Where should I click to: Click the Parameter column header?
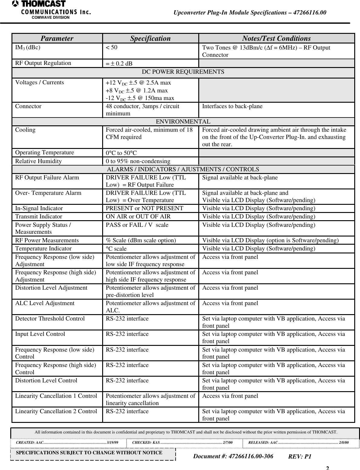(x=57, y=38)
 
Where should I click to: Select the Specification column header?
(x=150, y=38)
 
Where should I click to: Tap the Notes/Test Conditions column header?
(x=276, y=38)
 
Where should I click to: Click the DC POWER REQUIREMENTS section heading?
(x=183, y=72)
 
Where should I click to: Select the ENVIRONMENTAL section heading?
(x=183, y=122)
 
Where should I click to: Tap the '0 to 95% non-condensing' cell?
(x=138, y=161)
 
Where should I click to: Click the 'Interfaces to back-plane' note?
(x=232, y=106)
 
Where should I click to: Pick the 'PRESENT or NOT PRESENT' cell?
(x=144, y=208)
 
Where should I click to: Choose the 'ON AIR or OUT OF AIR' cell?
(x=138, y=217)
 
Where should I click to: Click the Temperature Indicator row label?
(x=44, y=249)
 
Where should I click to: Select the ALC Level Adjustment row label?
(x=45, y=303)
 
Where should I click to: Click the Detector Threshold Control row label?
(x=50, y=319)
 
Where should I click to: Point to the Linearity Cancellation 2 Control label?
(x=56, y=411)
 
